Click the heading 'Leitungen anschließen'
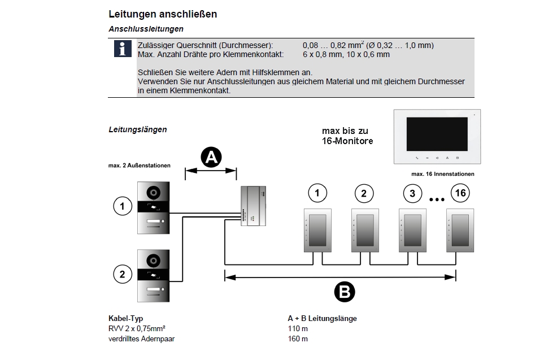(x=162, y=14)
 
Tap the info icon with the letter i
(x=122, y=49)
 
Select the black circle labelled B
(x=344, y=292)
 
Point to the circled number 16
(x=460, y=193)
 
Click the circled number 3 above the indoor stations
(x=412, y=193)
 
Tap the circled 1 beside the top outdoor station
(x=122, y=206)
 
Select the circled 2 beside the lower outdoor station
(x=122, y=275)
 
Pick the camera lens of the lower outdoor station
(x=153, y=260)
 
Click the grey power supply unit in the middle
(x=253, y=206)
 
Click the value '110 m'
(x=298, y=328)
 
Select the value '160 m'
(x=298, y=339)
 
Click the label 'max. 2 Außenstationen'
(x=139, y=166)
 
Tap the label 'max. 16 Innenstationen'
(x=442, y=174)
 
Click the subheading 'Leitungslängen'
(x=137, y=129)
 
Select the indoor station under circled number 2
(x=364, y=231)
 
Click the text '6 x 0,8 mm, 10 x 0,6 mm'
(x=346, y=54)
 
